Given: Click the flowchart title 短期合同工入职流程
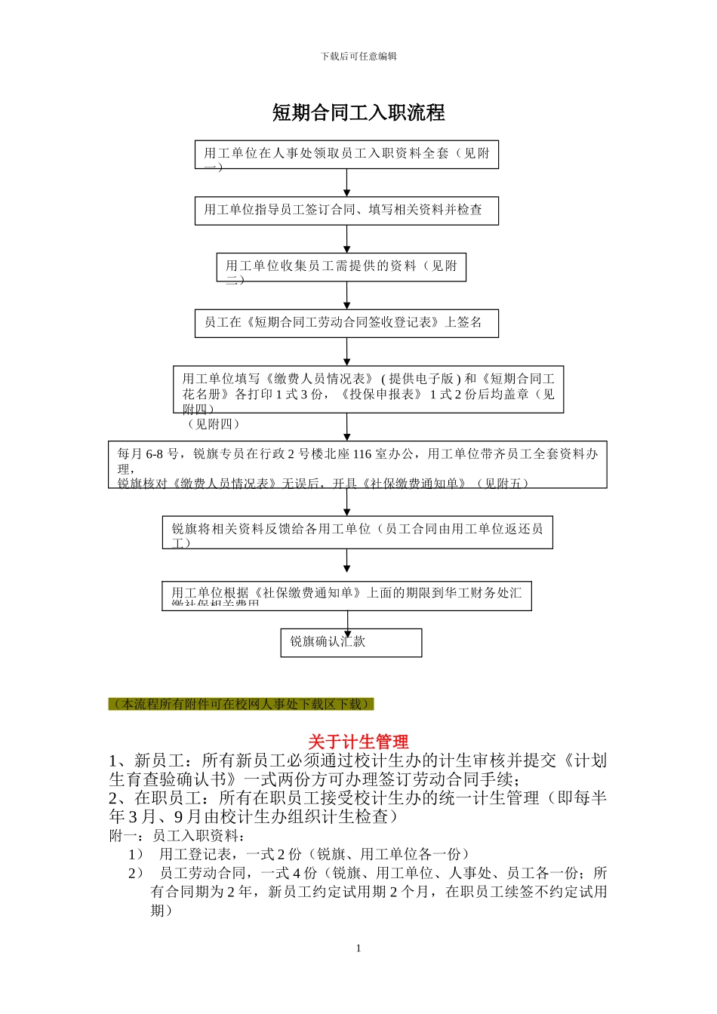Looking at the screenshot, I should click(x=358, y=113).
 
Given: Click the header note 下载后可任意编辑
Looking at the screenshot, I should click(x=358, y=57).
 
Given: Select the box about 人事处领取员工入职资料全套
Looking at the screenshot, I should click(x=346, y=155).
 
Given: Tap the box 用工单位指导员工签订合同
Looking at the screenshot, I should click(x=346, y=210).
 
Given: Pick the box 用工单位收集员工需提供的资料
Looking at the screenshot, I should click(x=341, y=267).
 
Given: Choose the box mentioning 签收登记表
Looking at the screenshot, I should click(x=346, y=323).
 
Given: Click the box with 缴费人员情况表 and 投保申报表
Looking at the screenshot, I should click(x=368, y=389).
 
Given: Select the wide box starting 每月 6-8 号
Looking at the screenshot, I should click(x=357, y=465).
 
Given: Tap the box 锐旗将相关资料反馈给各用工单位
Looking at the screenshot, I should click(x=357, y=532).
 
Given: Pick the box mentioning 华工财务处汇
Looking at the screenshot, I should click(x=346, y=595).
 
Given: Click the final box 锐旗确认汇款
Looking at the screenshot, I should click(x=351, y=642).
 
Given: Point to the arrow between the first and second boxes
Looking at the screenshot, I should click(x=347, y=183).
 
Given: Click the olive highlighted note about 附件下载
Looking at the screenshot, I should click(x=242, y=704).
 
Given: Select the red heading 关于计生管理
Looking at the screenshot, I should click(x=358, y=741).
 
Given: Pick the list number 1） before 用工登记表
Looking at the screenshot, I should click(x=136, y=854).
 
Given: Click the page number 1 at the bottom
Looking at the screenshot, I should click(x=358, y=948).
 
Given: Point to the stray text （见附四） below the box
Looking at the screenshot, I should click(x=214, y=424).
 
